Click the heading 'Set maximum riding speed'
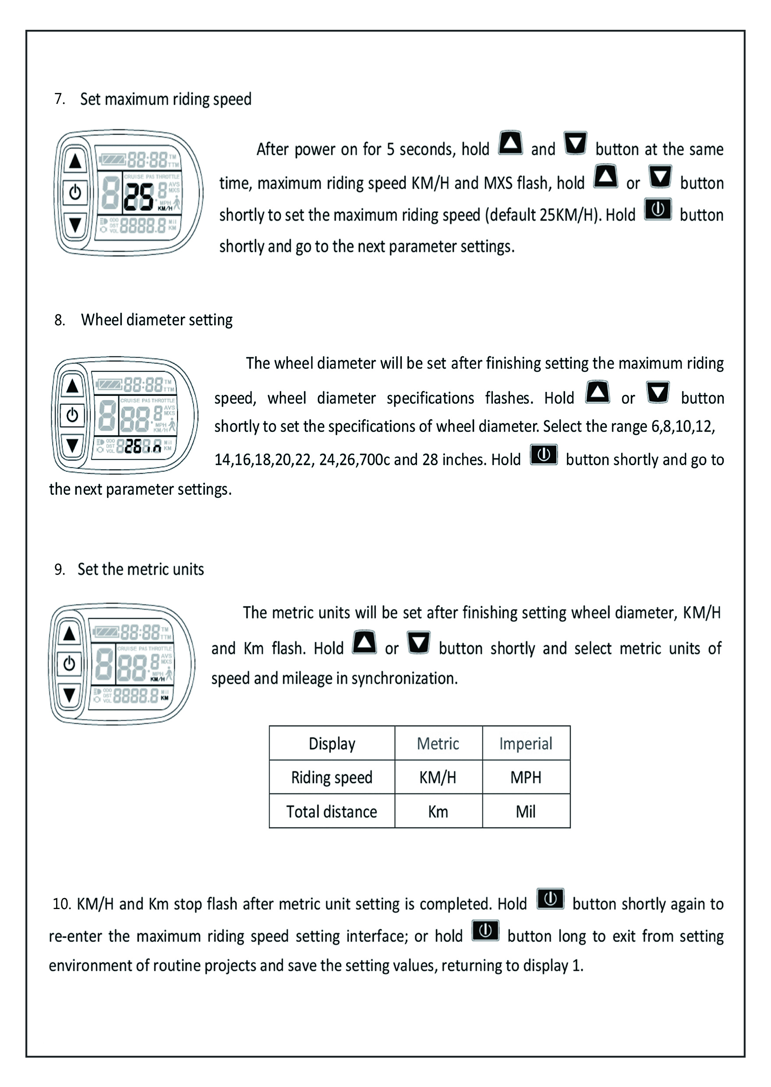pyautogui.click(x=165, y=99)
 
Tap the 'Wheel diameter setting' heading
pyautogui.click(x=156, y=320)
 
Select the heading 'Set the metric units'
pyautogui.click(x=141, y=569)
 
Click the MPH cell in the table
pyautogui.click(x=526, y=778)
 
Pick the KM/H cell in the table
pyautogui.click(x=438, y=778)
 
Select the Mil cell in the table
pyautogui.click(x=526, y=812)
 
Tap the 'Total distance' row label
pyautogui.click(x=331, y=812)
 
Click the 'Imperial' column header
pyautogui.click(x=526, y=744)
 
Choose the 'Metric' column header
pyautogui.click(x=438, y=744)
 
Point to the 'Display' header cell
pyautogui.click(x=331, y=744)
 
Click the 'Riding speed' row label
pyautogui.click(x=331, y=778)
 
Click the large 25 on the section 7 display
pyautogui.click(x=138, y=197)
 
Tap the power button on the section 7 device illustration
pyautogui.click(x=75, y=192)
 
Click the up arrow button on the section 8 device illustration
pyautogui.click(x=72, y=386)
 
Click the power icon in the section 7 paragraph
pyautogui.click(x=658, y=210)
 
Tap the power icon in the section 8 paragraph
pyautogui.click(x=544, y=455)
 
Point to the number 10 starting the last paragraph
pyautogui.click(x=62, y=904)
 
